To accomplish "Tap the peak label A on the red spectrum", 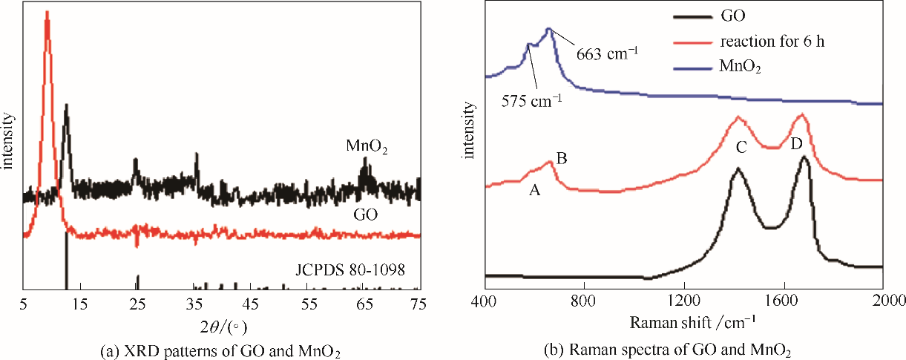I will coord(534,190).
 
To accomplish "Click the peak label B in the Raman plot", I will coord(562,157).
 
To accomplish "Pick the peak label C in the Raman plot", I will coord(741,148).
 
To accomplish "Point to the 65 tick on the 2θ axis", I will coord(363,302).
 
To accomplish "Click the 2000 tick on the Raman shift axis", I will coord(882,302).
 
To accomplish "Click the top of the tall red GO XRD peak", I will coord(47,13).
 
